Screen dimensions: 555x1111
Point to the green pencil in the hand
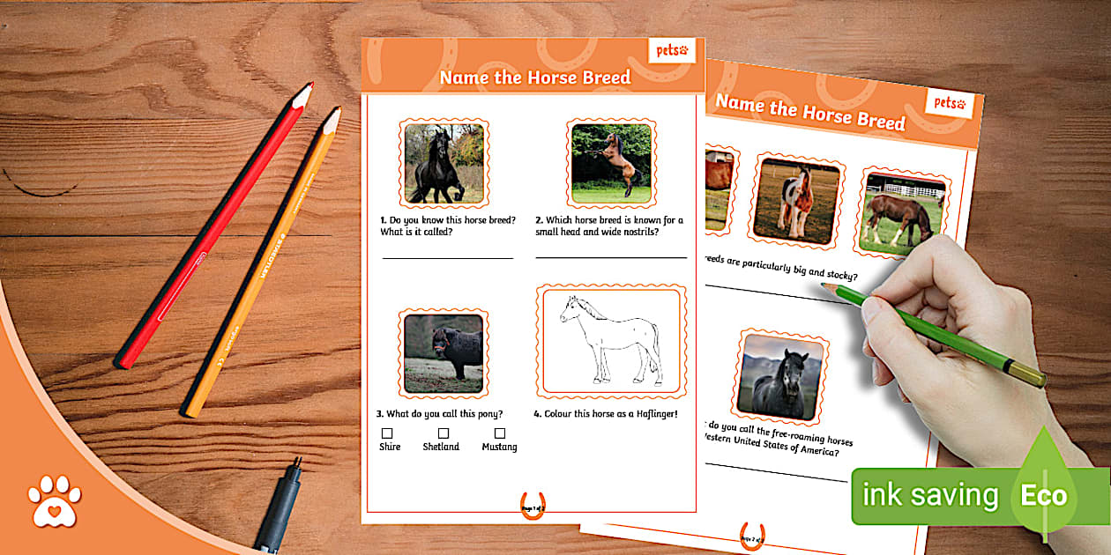point(935,335)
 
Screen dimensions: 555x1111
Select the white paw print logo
point(55,501)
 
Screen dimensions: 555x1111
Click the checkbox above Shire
point(387,433)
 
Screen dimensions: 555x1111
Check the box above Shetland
point(444,433)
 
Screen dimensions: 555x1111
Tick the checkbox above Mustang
point(500,433)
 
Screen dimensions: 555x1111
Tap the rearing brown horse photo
point(611,163)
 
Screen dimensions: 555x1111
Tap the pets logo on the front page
point(672,51)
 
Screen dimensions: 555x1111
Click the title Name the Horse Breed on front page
point(535,78)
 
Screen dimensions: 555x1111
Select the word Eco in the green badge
point(1044,495)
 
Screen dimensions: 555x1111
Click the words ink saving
point(929,496)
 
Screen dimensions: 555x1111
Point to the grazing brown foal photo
point(900,212)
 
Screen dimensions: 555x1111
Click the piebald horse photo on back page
point(796,203)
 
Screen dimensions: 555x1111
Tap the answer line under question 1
point(447,258)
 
